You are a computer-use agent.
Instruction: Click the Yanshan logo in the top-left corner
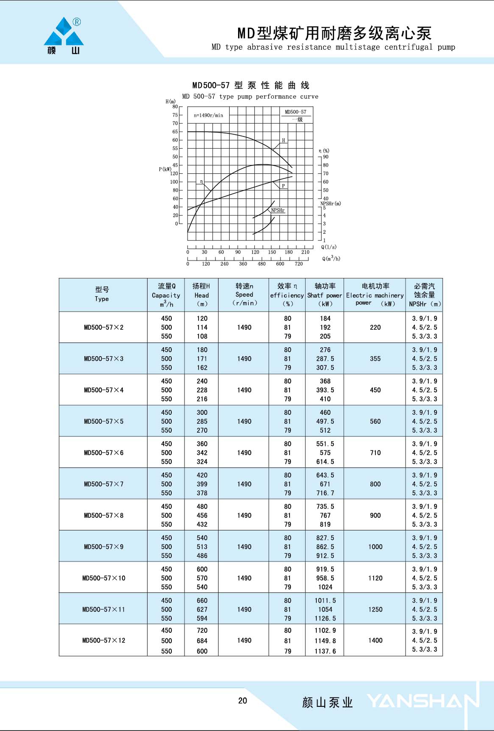click(x=64, y=36)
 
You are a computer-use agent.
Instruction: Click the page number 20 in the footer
click(x=242, y=700)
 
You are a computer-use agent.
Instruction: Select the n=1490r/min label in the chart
click(x=208, y=115)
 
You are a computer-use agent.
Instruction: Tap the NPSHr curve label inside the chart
click(x=278, y=210)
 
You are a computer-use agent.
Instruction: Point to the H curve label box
click(x=284, y=140)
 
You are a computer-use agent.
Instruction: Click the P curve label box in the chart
click(x=284, y=186)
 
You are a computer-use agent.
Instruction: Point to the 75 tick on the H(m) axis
click(x=175, y=115)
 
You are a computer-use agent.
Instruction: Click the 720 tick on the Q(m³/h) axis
click(x=299, y=264)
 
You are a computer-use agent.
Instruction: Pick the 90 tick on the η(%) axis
click(x=326, y=157)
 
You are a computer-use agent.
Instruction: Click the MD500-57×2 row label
click(x=104, y=327)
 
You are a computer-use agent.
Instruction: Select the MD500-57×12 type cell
click(x=104, y=640)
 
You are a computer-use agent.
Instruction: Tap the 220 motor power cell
click(x=375, y=327)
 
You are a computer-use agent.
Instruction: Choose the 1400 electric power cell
click(x=375, y=640)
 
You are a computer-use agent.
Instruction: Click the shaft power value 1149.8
click(x=325, y=640)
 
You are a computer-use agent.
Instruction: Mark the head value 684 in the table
click(x=202, y=640)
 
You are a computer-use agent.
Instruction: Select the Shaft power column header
click(x=325, y=295)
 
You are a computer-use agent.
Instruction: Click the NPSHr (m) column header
click(x=424, y=295)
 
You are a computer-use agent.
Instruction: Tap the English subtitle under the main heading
click(x=333, y=47)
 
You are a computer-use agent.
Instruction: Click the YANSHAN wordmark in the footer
click(x=423, y=701)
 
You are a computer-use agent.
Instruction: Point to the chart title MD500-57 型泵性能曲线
click(x=251, y=85)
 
